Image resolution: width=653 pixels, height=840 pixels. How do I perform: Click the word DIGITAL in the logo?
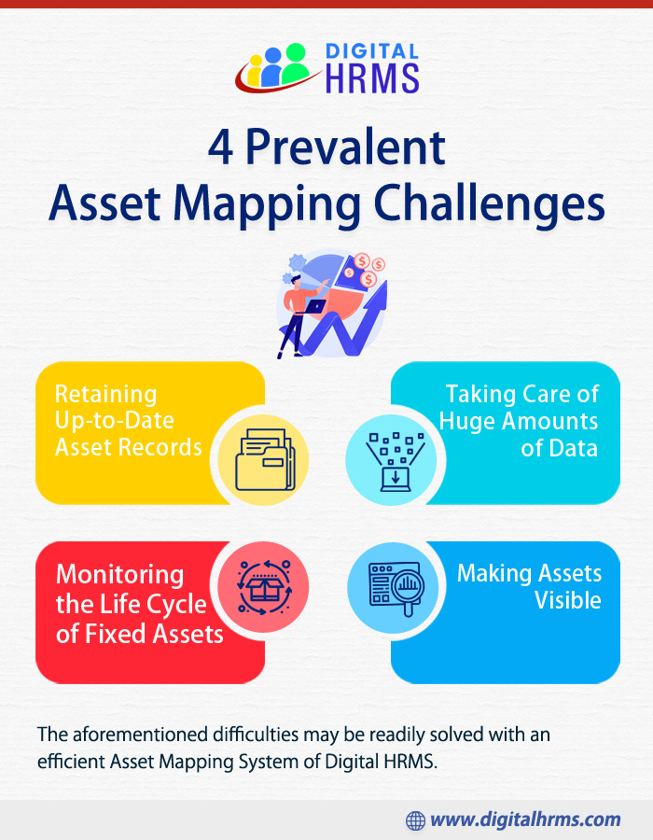click(372, 51)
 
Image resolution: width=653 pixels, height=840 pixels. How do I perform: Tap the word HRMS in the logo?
click(372, 78)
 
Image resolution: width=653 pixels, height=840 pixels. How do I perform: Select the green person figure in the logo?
click(295, 63)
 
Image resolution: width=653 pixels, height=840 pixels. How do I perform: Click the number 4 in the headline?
click(220, 147)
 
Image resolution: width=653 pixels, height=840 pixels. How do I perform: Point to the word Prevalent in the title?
click(345, 147)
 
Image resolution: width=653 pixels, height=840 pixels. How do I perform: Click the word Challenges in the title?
click(489, 204)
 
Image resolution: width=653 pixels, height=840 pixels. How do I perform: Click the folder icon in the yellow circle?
click(265, 460)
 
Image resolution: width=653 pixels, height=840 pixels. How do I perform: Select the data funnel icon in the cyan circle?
click(395, 462)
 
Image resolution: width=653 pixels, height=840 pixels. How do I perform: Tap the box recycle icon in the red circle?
click(264, 588)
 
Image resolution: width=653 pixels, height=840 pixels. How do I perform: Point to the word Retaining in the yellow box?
click(106, 395)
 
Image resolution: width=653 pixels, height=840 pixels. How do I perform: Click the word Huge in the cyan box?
click(466, 422)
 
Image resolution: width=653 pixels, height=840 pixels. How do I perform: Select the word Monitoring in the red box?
click(120, 575)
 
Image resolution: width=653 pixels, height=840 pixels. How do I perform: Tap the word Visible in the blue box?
click(568, 600)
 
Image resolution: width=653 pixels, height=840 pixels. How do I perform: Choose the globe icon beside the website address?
click(415, 820)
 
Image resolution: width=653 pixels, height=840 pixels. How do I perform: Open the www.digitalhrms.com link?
click(525, 819)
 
